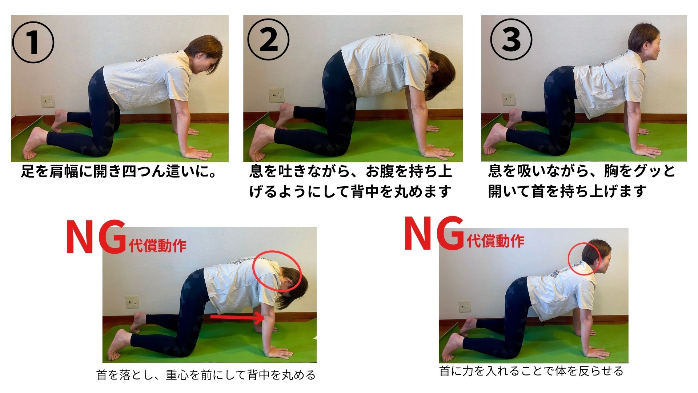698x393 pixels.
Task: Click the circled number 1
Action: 33,42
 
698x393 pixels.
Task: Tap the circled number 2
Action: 268,40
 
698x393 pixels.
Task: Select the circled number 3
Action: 511,40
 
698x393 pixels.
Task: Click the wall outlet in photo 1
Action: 48,101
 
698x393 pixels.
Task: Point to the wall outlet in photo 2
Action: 276,95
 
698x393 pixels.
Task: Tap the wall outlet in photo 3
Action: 509,99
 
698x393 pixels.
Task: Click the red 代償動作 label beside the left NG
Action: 157,246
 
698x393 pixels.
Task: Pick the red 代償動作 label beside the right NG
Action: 496,241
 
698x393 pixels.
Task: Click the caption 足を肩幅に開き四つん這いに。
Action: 119,171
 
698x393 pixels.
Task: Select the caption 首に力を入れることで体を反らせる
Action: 531,371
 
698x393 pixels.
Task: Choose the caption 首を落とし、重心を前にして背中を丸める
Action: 206,375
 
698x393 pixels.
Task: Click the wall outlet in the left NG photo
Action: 132,302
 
